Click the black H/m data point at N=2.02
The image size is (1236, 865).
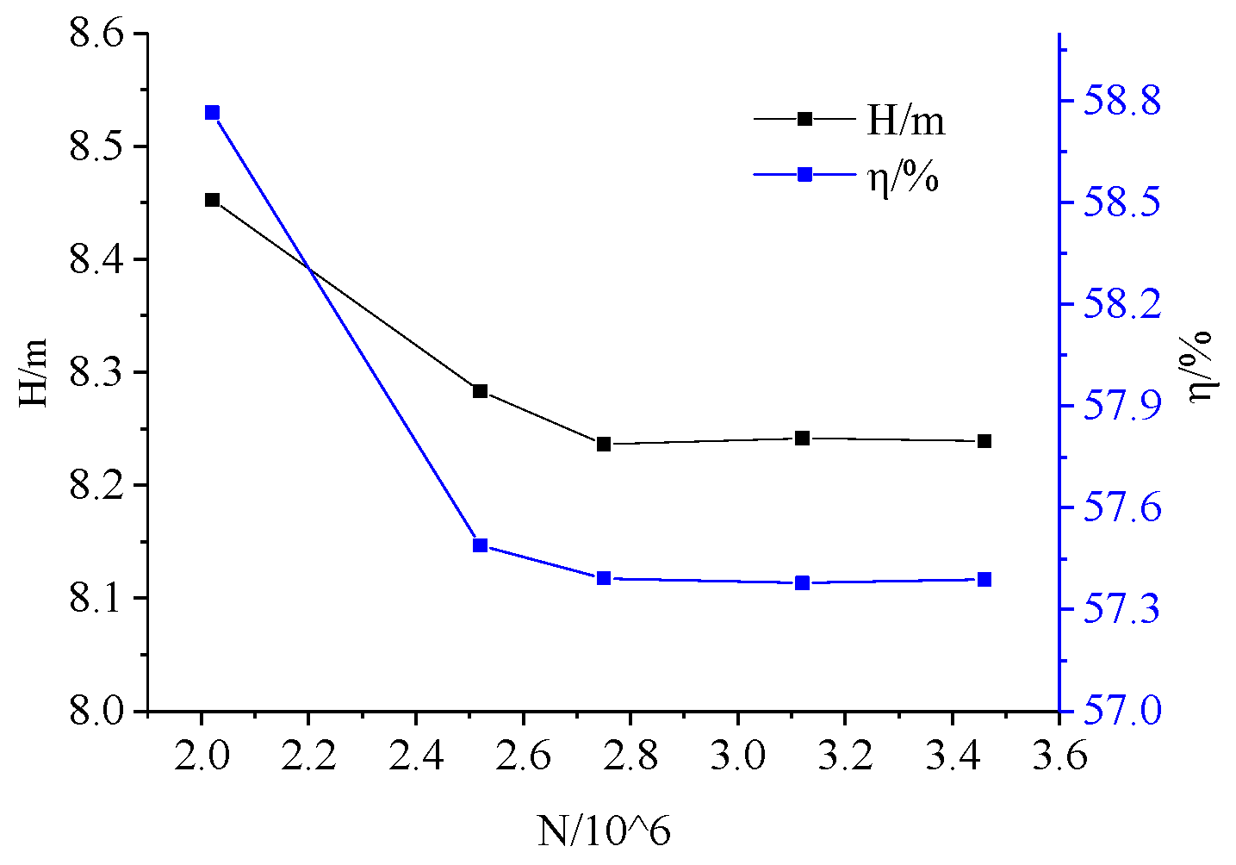(x=212, y=200)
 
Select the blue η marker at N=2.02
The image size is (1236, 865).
(x=212, y=113)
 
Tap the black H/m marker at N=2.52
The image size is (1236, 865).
(x=481, y=391)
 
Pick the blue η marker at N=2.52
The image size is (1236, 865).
(x=481, y=545)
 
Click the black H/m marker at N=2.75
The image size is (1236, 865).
(x=604, y=444)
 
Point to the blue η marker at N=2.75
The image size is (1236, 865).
(x=604, y=578)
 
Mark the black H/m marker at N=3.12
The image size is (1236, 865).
(x=803, y=439)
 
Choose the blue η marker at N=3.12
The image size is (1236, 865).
(x=803, y=583)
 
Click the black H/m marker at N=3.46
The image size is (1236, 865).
(x=984, y=441)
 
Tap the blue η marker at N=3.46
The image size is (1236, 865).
(x=984, y=580)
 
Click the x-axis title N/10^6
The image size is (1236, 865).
(x=604, y=831)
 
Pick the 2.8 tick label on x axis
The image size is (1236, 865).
(x=630, y=756)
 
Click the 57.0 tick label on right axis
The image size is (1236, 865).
(x=1121, y=712)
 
